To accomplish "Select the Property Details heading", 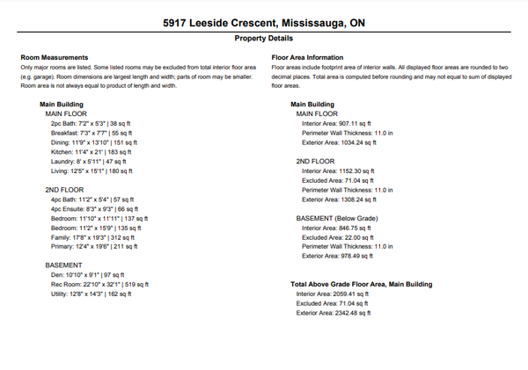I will point(263,39).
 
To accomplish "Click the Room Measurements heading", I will point(54,58).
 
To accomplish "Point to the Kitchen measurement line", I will point(88,152).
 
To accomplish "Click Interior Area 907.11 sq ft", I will point(338,124).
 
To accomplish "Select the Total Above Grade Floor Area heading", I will point(361,284).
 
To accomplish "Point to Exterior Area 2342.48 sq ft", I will point(334,312).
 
